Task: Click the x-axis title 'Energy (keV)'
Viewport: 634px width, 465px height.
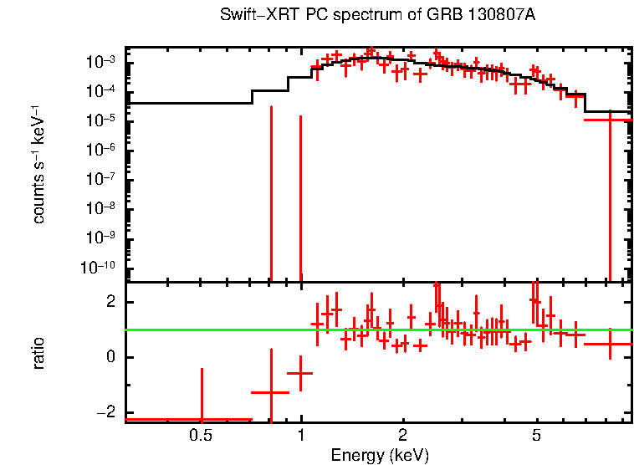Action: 380,455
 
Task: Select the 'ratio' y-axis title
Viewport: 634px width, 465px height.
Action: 38,353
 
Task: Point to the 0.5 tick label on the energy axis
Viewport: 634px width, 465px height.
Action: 200,436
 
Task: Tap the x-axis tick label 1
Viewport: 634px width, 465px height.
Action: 301,436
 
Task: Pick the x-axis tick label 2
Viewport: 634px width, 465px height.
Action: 403,436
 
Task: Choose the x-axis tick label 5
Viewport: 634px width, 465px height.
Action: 537,436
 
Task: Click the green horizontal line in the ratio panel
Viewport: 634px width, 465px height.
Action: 376,330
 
